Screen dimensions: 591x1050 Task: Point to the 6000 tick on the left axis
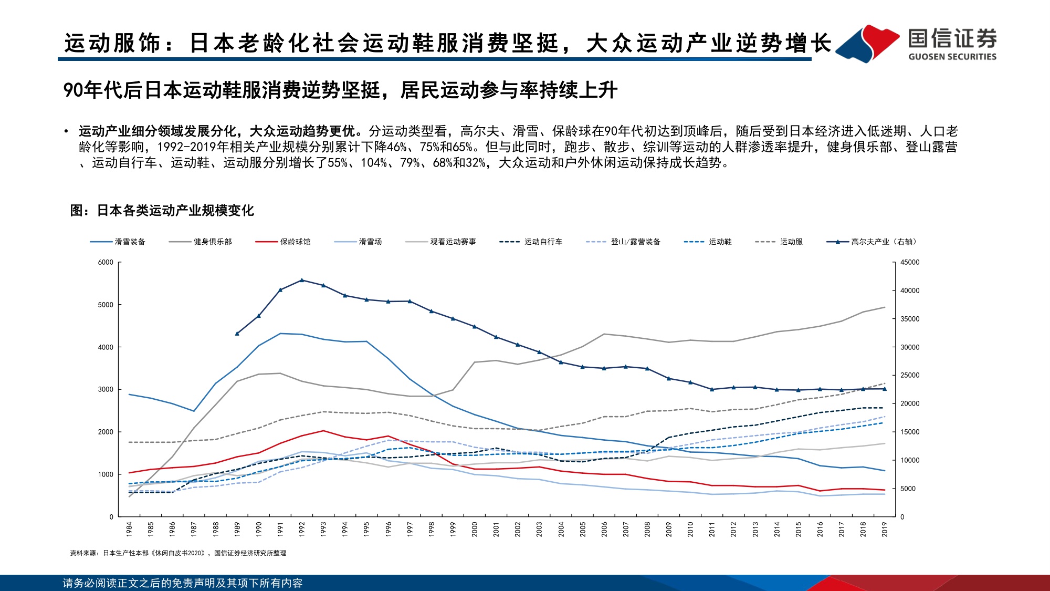106,262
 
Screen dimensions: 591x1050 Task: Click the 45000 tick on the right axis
910,262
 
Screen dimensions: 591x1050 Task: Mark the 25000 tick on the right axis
910,375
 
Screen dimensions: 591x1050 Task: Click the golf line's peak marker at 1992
302,280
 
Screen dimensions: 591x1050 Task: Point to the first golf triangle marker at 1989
237,333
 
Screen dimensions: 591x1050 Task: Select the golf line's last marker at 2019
885,389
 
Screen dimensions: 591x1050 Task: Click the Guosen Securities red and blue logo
867,44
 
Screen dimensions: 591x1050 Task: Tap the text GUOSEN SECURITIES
952,57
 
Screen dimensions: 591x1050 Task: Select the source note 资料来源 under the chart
178,553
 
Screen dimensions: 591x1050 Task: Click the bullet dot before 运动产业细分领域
66,131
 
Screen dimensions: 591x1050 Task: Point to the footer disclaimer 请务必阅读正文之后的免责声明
182,583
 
